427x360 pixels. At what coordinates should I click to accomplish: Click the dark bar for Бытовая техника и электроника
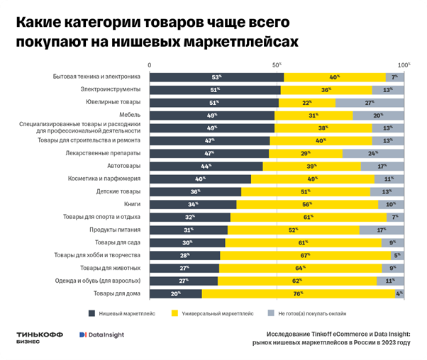point(216,77)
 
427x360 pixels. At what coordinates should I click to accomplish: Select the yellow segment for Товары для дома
point(299,293)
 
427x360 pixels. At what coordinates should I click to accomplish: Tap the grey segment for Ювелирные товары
point(370,103)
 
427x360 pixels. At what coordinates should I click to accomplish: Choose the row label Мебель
point(130,115)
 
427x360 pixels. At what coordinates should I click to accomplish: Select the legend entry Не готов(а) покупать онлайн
point(317,312)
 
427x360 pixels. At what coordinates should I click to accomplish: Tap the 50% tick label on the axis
point(277,64)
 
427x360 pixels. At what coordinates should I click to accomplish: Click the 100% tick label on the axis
point(404,64)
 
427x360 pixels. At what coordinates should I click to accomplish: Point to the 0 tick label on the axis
point(150,64)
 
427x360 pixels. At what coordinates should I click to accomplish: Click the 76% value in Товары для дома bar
point(298,293)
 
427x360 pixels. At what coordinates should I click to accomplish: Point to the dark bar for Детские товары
point(195,191)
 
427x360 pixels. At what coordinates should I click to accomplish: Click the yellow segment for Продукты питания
point(293,230)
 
